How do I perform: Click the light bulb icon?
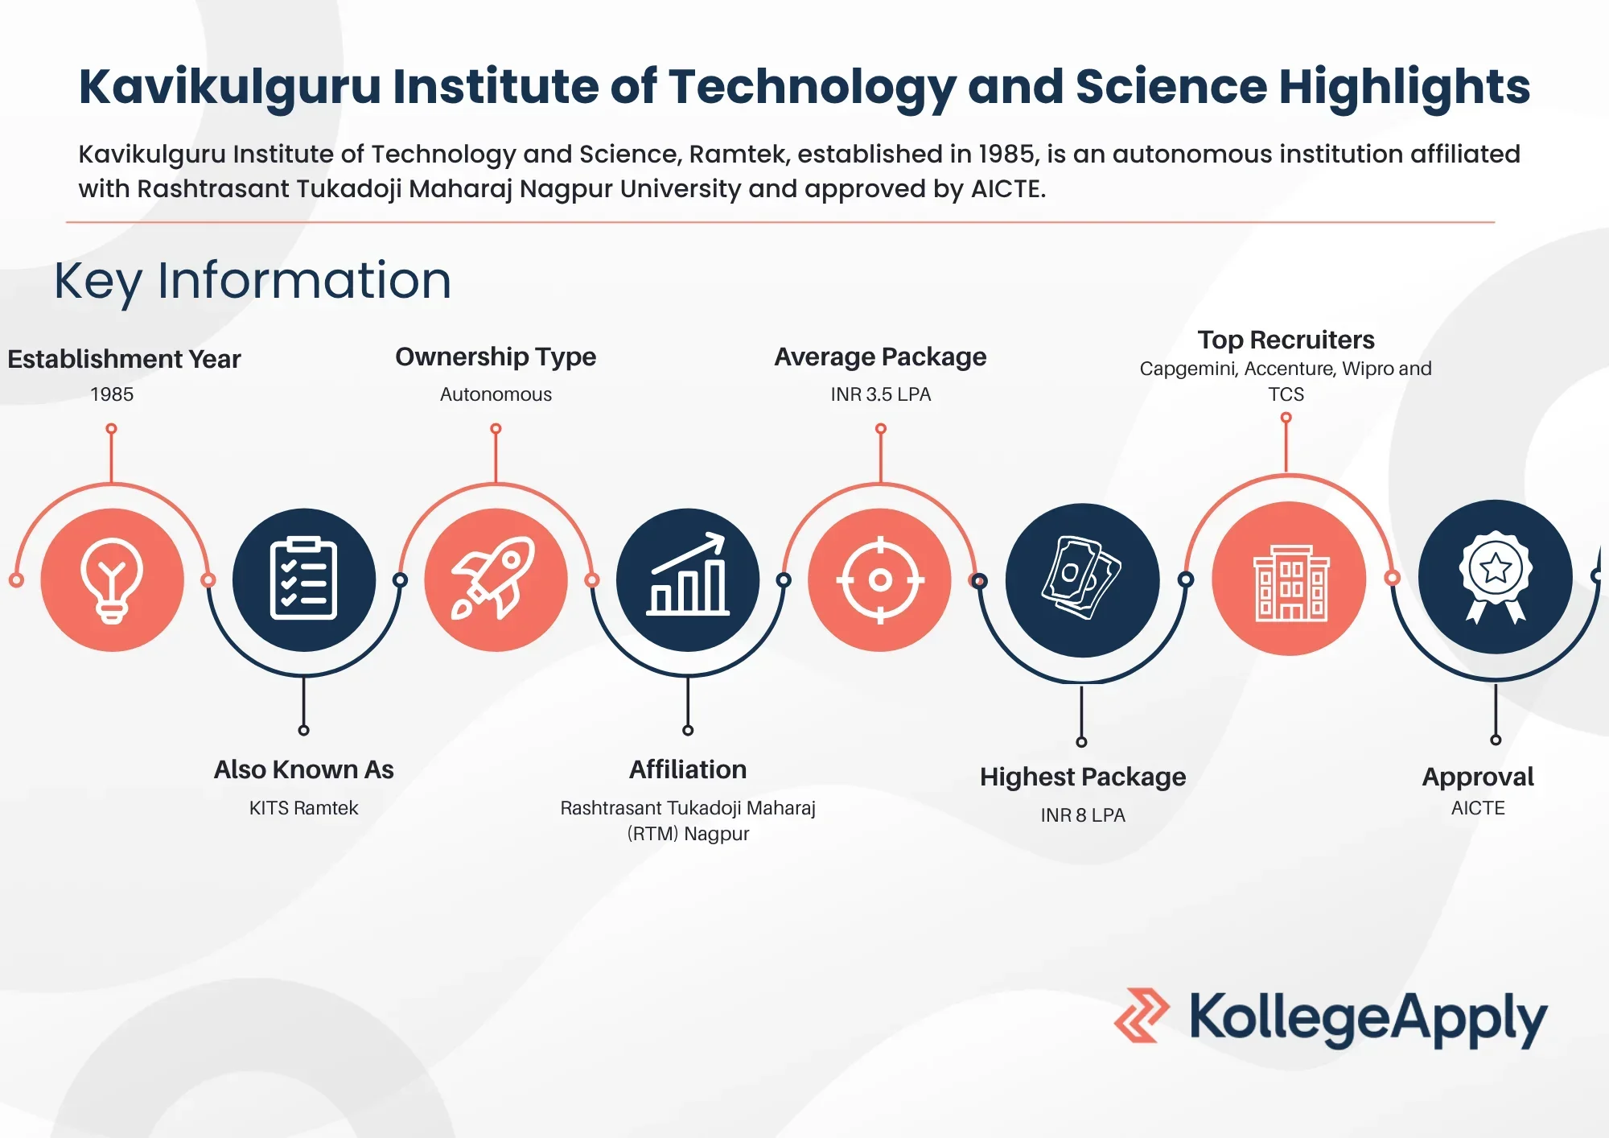(112, 579)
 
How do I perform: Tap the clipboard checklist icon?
(303, 579)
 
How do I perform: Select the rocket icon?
(496, 579)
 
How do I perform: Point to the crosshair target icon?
(880, 579)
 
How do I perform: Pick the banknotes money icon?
(1082, 579)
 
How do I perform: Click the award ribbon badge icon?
(1496, 577)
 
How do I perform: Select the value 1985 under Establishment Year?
(112, 394)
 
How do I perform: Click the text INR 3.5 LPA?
(880, 394)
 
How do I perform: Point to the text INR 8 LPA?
(1083, 815)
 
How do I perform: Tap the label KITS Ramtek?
(303, 808)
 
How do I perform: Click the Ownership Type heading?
(496, 357)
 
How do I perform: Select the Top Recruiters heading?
(1286, 340)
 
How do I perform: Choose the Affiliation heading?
(688, 770)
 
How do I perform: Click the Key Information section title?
(253, 281)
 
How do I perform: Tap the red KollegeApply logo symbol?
(1142, 1016)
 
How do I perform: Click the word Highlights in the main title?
(1404, 86)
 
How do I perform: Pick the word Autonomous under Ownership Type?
(496, 394)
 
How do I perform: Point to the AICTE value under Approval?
(1478, 808)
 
